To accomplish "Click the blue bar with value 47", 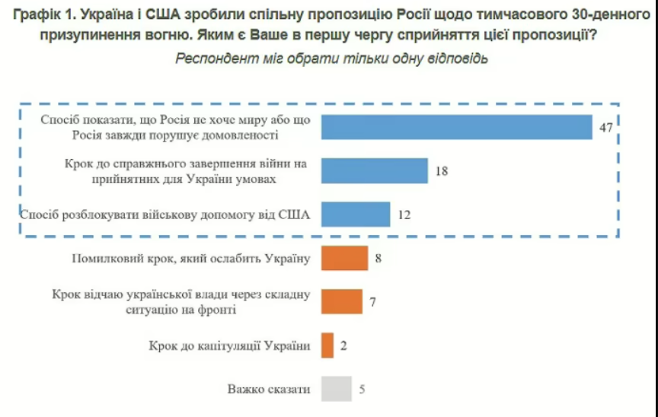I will click(x=456, y=127).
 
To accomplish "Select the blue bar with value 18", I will click(x=374, y=171).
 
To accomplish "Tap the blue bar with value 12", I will click(x=355, y=215).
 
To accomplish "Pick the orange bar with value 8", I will click(x=344, y=258).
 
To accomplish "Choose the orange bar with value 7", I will click(x=341, y=301).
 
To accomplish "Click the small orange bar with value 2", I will click(x=327, y=345).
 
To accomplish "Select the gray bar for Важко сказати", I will click(x=336, y=389).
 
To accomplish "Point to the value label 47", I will click(x=605, y=128).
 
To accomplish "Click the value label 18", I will click(x=441, y=171).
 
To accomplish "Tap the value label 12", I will click(x=404, y=215).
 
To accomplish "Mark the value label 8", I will click(x=378, y=258).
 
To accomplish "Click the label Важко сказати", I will click(x=269, y=390).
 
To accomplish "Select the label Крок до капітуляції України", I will click(x=229, y=346).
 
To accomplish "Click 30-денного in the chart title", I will click(x=606, y=14).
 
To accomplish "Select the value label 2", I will click(x=344, y=345).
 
